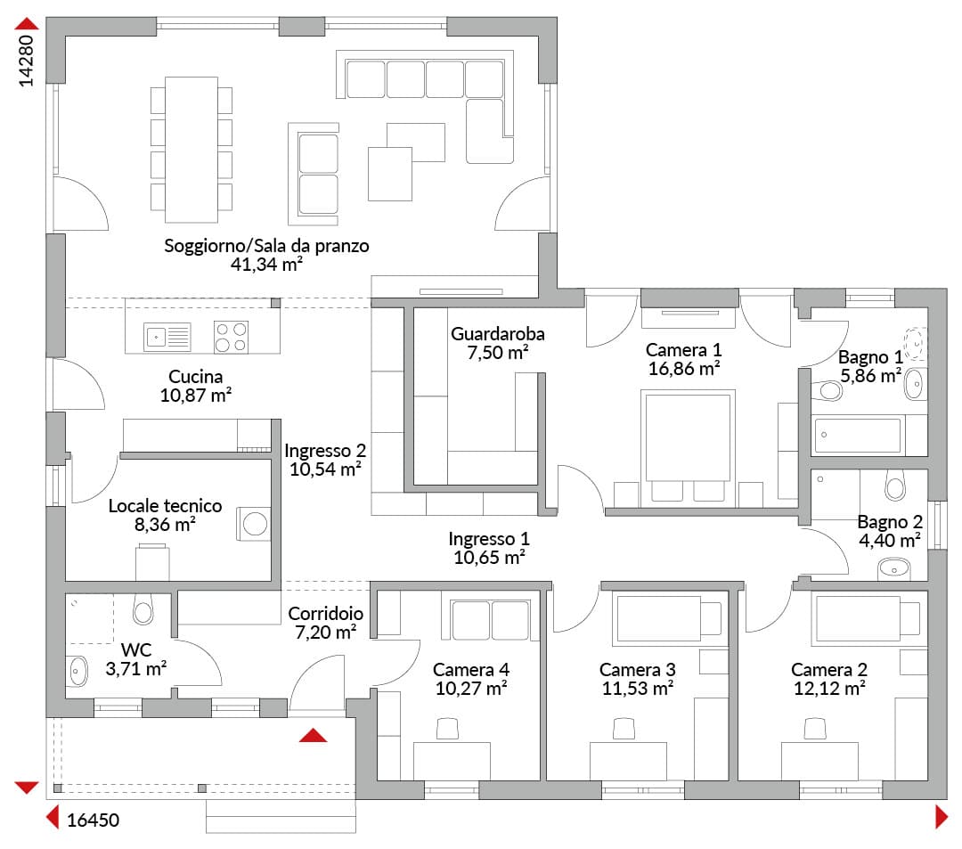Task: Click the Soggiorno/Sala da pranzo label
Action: [266, 246]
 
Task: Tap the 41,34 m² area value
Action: [266, 265]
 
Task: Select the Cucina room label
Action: [196, 377]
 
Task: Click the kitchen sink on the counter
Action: [167, 337]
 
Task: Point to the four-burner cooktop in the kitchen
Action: [231, 337]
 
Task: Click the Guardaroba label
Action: [498, 334]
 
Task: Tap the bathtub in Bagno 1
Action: [857, 436]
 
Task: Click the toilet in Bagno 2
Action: [895, 485]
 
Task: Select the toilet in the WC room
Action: [143, 608]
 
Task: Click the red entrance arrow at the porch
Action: [313, 735]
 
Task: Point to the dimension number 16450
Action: [93, 820]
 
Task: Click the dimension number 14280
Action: [26, 61]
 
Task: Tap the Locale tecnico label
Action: [165, 506]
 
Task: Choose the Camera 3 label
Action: [638, 670]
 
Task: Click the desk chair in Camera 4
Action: [447, 729]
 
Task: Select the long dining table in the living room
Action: [192, 150]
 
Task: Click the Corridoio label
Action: [326, 614]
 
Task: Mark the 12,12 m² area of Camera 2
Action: [829, 689]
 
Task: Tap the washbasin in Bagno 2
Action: [894, 568]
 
